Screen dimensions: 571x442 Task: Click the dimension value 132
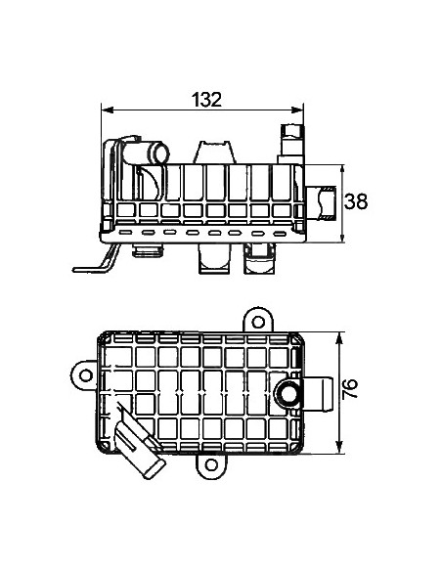pyautogui.click(x=206, y=99)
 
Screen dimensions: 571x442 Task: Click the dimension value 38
pyautogui.click(x=357, y=202)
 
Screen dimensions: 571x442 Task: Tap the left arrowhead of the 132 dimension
pyautogui.click(x=108, y=110)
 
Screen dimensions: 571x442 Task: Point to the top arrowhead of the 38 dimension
pyautogui.click(x=340, y=169)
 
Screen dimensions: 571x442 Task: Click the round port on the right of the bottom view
pyautogui.click(x=287, y=392)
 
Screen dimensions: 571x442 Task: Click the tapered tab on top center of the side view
pyautogui.click(x=215, y=152)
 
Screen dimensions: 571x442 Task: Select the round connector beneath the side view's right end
pyautogui.click(x=259, y=261)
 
